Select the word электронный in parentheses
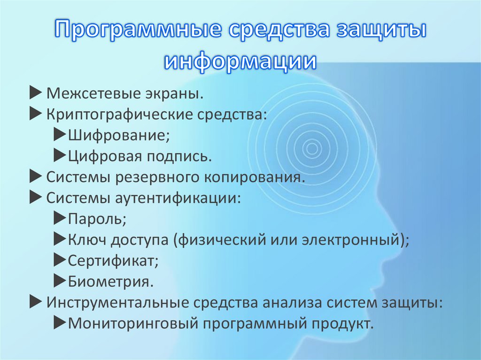(353, 240)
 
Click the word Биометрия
(110, 282)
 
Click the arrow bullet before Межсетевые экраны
(36, 93)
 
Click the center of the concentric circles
(310, 149)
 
